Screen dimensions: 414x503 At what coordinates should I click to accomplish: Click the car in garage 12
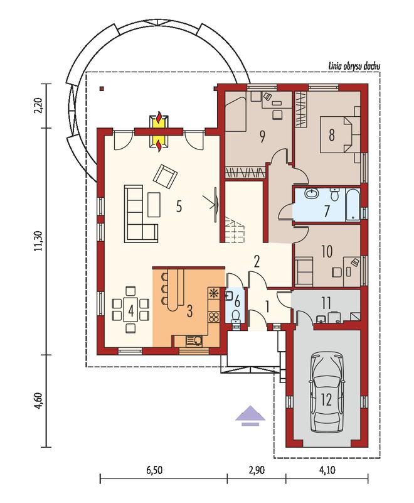327,392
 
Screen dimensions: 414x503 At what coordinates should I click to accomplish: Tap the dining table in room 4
130,310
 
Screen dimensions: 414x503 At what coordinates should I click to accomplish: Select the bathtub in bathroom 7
353,205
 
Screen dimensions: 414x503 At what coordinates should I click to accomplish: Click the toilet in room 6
236,316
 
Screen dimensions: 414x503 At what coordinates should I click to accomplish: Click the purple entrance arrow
250,416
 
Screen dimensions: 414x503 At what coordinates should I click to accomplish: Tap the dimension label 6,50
154,470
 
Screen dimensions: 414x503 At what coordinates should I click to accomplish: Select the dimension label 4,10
327,470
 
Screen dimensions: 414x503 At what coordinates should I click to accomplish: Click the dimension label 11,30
39,241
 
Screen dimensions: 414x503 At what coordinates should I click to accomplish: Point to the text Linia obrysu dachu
354,67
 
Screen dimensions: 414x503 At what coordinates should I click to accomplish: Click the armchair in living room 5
166,175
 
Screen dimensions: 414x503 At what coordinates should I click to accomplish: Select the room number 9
262,137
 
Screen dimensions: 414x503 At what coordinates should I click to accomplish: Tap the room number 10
327,251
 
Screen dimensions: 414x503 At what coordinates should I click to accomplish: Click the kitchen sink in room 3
194,340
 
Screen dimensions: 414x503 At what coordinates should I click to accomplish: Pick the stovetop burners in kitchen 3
213,317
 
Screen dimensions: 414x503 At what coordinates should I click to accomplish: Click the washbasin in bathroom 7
311,193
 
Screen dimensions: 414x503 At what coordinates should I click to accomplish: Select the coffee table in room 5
154,204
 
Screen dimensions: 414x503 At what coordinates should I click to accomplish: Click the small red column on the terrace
102,89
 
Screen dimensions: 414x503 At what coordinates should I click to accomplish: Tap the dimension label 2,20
39,105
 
